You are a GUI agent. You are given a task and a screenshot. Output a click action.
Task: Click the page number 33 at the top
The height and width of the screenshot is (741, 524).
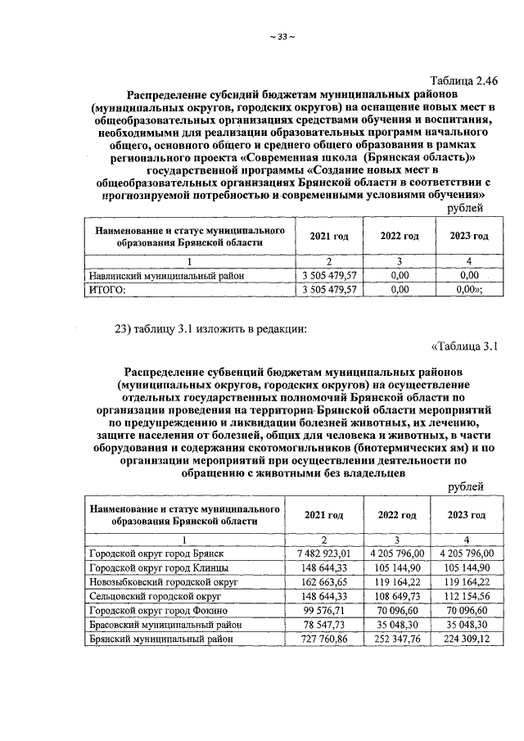pyautogui.click(x=281, y=37)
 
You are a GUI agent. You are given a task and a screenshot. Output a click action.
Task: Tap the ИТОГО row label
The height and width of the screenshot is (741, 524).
pyautogui.click(x=106, y=289)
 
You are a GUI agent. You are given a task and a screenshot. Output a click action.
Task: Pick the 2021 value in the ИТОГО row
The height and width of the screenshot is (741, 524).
pyautogui.click(x=329, y=289)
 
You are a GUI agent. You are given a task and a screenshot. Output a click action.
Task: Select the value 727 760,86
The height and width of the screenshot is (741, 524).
pyautogui.click(x=329, y=638)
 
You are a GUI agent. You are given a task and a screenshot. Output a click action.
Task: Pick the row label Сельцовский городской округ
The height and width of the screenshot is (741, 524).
pyautogui.click(x=156, y=596)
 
